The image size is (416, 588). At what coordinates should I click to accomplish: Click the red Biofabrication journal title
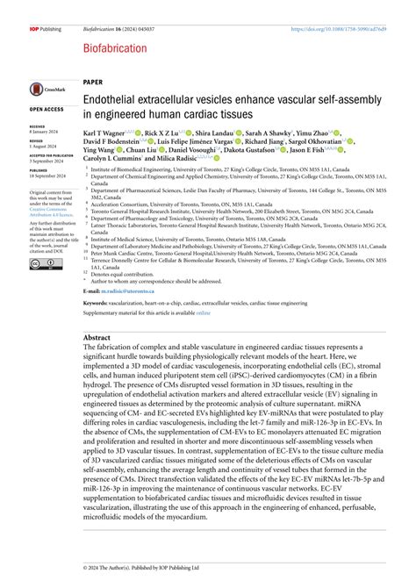point(115,49)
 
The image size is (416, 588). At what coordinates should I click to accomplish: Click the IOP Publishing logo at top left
point(43,29)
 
